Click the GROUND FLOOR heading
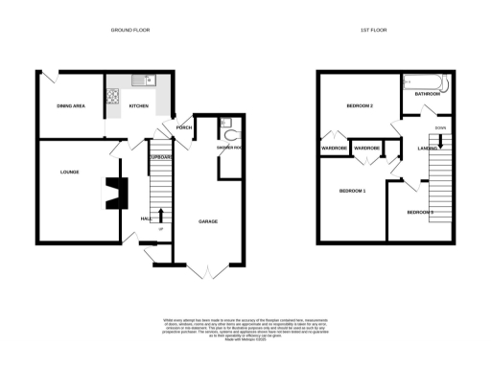click(129, 31)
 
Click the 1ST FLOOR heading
click(373, 31)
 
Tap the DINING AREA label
click(71, 105)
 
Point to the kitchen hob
click(111, 95)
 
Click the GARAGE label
click(207, 221)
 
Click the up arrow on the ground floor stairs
click(160, 215)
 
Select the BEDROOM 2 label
click(359, 105)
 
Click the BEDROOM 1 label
click(353, 192)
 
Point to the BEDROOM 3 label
click(420, 211)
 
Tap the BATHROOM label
click(427, 95)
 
